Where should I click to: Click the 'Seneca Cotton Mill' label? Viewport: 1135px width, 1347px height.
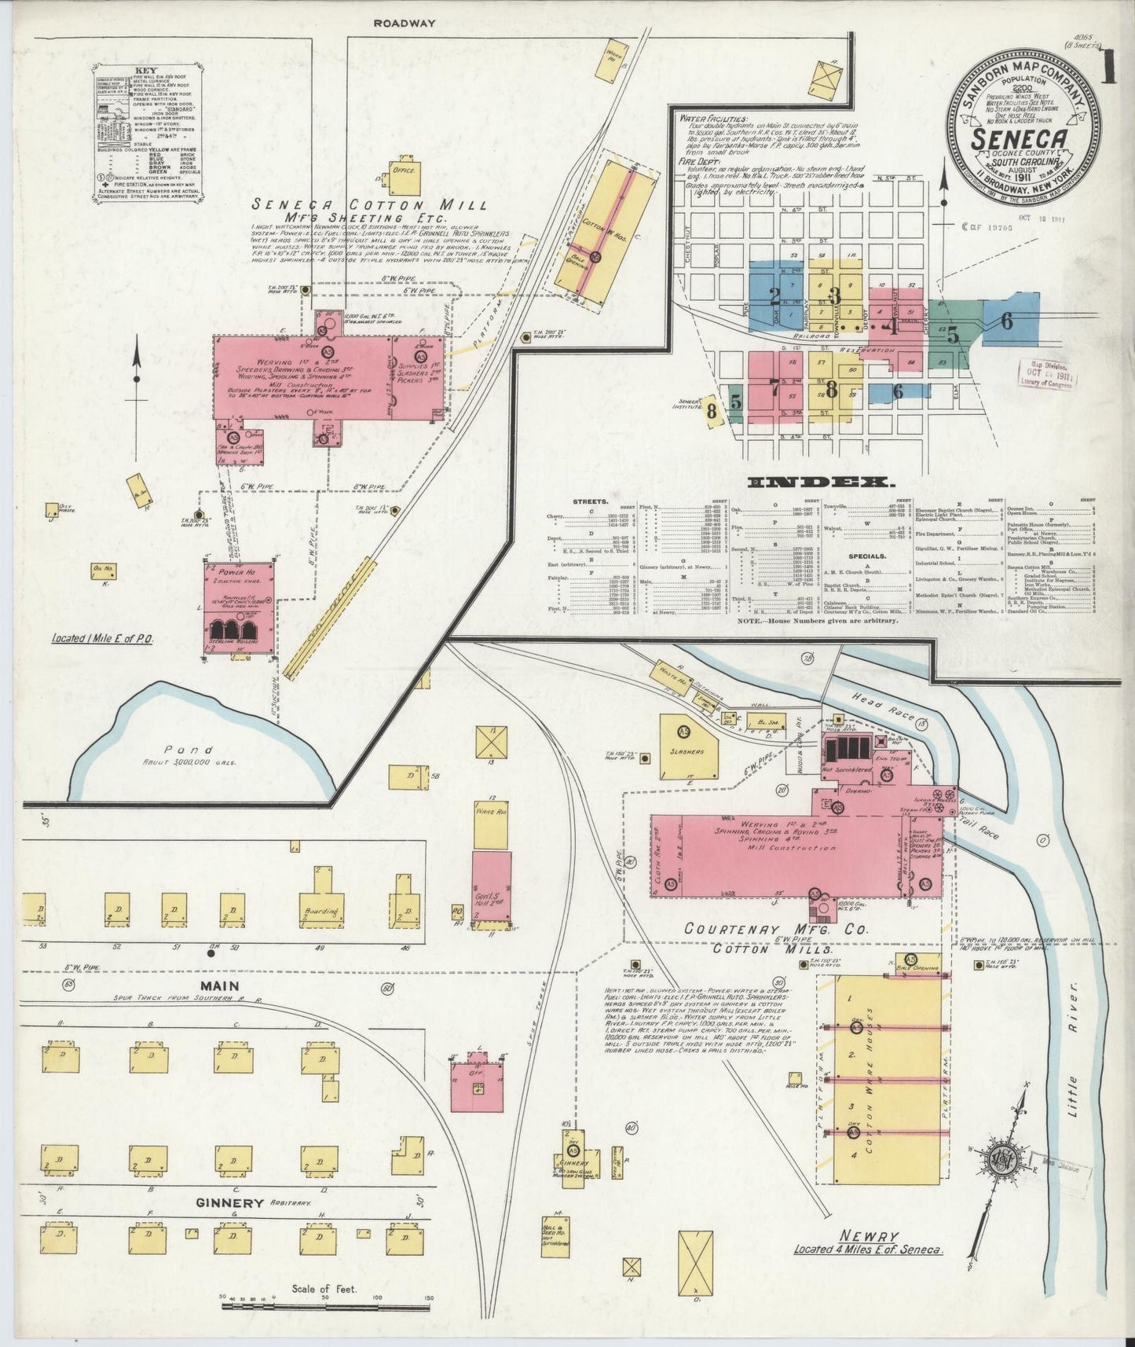[369, 204]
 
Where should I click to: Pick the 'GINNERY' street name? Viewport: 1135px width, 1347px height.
[229, 1203]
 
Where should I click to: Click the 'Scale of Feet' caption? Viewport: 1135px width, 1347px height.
[324, 1289]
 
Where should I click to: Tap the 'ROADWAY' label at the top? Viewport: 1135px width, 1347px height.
[405, 24]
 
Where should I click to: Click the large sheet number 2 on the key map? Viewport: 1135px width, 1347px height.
[774, 296]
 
